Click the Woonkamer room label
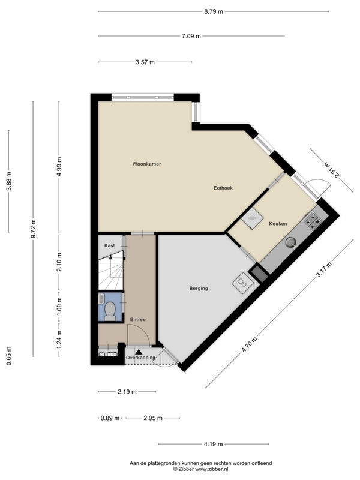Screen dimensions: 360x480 [x=146, y=164]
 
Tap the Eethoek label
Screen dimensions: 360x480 [x=223, y=188]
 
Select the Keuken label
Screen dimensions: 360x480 [x=278, y=224]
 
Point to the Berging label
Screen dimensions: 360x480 [x=199, y=289]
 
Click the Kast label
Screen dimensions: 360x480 [x=110, y=245]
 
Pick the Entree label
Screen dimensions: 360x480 [x=138, y=320]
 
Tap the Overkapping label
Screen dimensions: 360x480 [x=140, y=358]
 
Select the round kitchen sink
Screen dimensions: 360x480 [x=290, y=242]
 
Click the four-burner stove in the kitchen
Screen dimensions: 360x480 [x=312, y=221]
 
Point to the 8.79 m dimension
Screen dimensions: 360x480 [x=214, y=11]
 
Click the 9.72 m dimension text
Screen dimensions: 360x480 [x=34, y=229]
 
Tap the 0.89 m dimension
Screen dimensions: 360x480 [x=110, y=418]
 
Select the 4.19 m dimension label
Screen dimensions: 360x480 [x=214, y=444]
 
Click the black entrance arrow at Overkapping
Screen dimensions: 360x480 [x=139, y=352]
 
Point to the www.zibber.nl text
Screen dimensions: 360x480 [x=212, y=469]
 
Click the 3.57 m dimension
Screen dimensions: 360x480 [x=145, y=62]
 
